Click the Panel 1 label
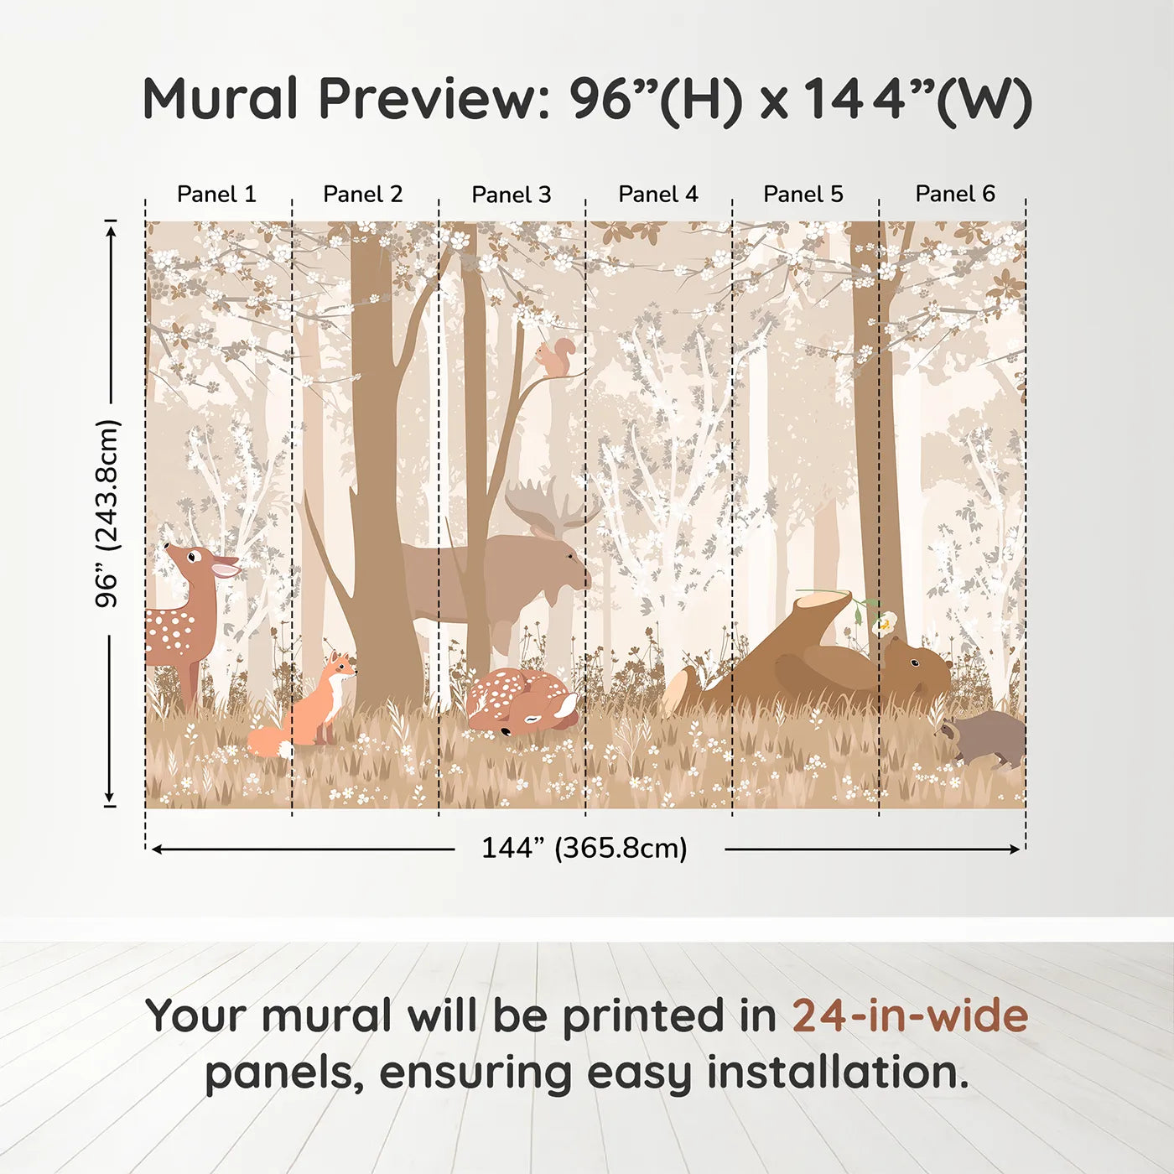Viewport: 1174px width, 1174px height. click(216, 194)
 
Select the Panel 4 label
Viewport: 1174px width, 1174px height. click(657, 194)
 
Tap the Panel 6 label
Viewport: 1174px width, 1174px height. click(954, 194)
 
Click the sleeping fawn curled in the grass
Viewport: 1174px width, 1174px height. click(522, 701)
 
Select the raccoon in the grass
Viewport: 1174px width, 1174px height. click(985, 737)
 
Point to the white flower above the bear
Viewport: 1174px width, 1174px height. click(885, 623)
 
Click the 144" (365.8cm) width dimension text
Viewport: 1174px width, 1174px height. click(584, 848)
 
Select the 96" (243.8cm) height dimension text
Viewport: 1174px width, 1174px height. click(107, 513)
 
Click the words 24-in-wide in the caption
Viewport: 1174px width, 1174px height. click(910, 1016)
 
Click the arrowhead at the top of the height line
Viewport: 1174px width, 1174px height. click(110, 229)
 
